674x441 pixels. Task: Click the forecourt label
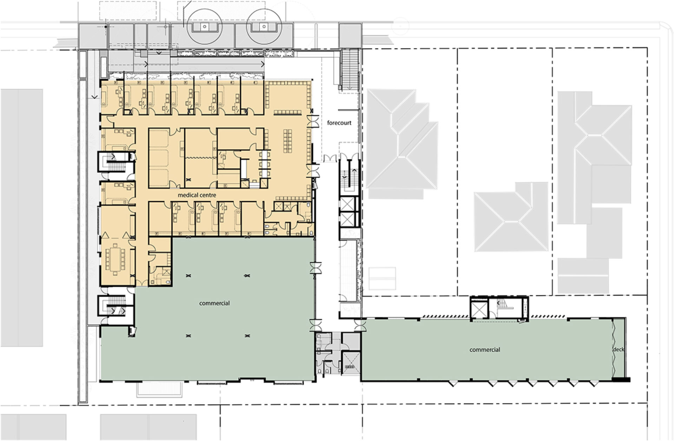(339, 123)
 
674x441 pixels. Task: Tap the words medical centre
(197, 195)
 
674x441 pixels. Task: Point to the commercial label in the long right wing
(485, 350)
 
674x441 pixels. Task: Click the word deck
(619, 350)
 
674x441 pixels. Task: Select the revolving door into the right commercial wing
(359, 325)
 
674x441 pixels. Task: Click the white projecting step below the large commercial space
(160, 389)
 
